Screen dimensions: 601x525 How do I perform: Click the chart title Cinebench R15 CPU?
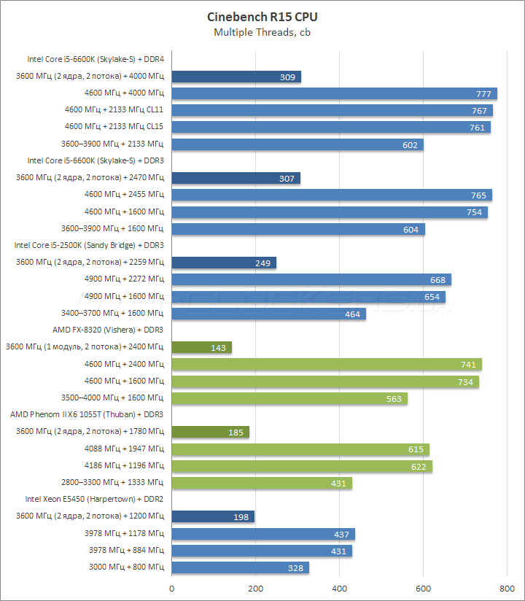[262, 17]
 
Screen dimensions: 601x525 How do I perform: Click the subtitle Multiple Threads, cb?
[262, 32]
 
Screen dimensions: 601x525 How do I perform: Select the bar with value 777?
[334, 93]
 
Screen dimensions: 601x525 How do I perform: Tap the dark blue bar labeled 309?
[236, 77]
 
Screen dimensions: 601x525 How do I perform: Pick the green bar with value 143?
[201, 348]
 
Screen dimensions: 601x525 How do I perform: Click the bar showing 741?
[327, 365]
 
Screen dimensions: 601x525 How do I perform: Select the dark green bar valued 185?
[210, 433]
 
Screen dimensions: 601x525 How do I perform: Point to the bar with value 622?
[301, 466]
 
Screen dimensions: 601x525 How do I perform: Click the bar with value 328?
[240, 567]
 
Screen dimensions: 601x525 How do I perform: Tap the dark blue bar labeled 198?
[213, 517]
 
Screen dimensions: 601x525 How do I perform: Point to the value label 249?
[263, 263]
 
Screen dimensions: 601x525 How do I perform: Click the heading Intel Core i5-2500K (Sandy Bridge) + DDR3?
[89, 245]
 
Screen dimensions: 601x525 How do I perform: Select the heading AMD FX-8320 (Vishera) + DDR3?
[108, 330]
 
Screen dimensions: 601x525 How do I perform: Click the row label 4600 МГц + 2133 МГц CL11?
[114, 110]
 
